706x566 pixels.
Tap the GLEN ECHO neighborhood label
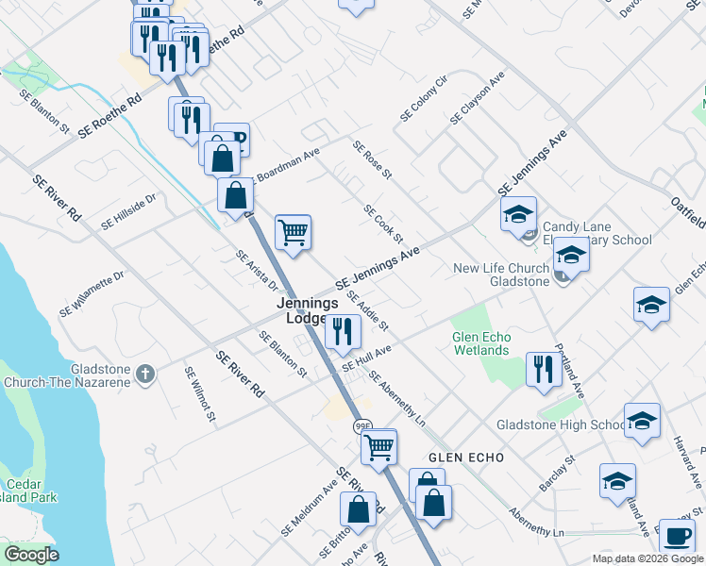[x=465, y=458]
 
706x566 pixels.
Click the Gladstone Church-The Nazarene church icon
[x=144, y=374]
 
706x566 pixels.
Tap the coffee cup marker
[x=676, y=536]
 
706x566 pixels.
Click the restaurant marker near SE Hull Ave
[x=343, y=331]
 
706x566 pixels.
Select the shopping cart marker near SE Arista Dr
[x=294, y=231]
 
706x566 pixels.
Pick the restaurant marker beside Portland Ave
[x=542, y=369]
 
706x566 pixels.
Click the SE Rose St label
[x=372, y=160]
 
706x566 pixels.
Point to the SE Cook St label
[x=383, y=224]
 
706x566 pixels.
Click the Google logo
[x=31, y=555]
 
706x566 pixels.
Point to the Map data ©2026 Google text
[x=647, y=558]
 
